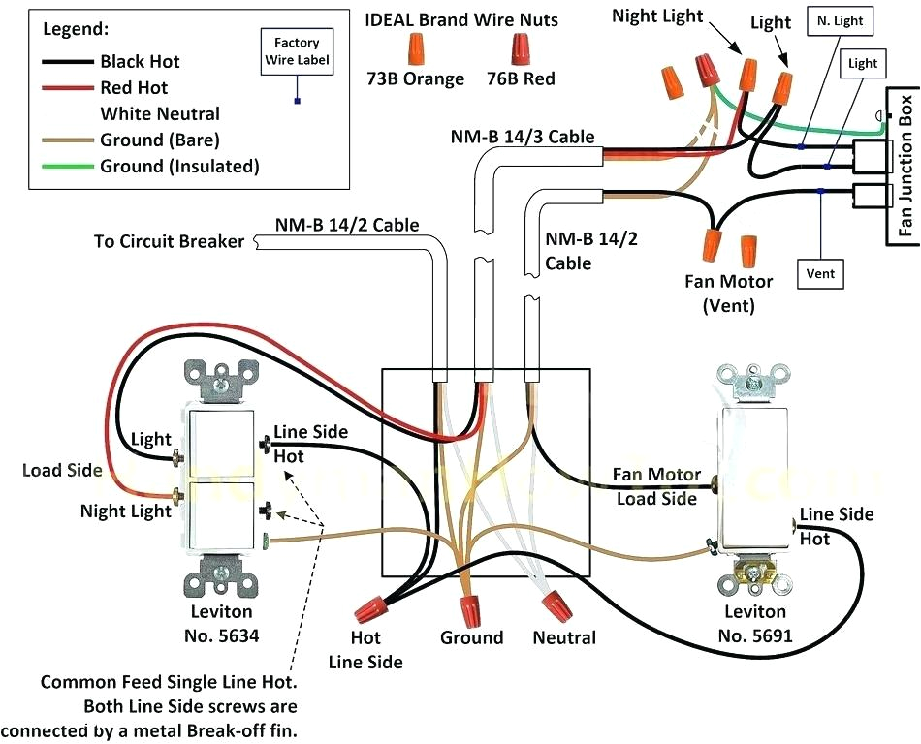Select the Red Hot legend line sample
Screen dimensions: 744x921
pyautogui.click(x=68, y=88)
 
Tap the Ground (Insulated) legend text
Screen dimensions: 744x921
pyautogui.click(x=179, y=167)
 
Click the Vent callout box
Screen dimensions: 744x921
pyautogui.click(x=820, y=274)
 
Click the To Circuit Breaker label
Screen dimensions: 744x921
pyautogui.click(x=169, y=241)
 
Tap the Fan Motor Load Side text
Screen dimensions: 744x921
pyautogui.click(x=656, y=487)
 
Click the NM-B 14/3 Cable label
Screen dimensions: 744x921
pyautogui.click(x=522, y=137)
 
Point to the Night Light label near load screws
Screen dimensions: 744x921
pyautogui.click(x=125, y=510)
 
